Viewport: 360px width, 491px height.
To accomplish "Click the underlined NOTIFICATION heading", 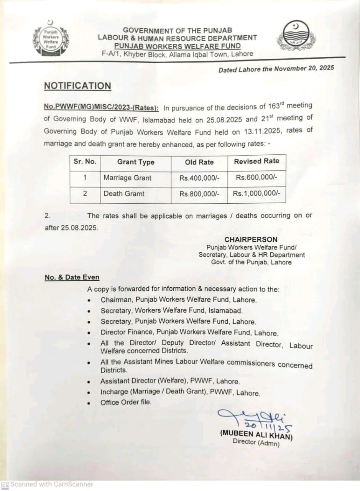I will (x=77, y=86).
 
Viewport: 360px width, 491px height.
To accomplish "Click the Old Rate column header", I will (x=199, y=162).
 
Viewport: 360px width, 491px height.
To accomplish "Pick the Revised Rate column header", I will (x=256, y=161).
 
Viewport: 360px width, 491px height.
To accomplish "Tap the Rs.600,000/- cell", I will (x=256, y=177).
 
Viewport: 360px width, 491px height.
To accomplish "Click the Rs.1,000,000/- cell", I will (x=256, y=194).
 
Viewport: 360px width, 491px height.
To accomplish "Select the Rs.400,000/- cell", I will (x=199, y=178).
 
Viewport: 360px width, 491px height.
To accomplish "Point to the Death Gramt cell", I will (x=124, y=194).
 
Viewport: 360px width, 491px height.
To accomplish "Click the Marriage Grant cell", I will (x=127, y=178).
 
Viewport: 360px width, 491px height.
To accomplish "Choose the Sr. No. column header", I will (x=85, y=161).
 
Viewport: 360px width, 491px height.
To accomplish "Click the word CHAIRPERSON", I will (x=251, y=240).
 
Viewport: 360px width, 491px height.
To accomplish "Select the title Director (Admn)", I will (x=256, y=442).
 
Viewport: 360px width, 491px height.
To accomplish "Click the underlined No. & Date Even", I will (x=72, y=277).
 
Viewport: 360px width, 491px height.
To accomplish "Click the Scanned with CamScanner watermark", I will (x=48, y=484).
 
